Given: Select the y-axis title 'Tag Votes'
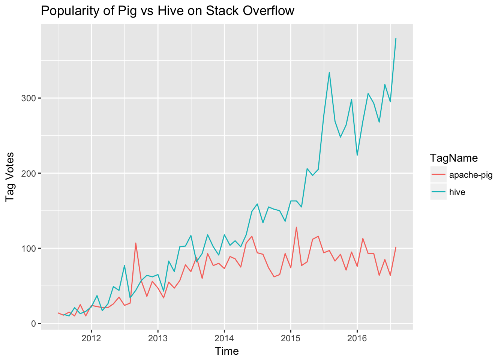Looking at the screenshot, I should tap(10, 177).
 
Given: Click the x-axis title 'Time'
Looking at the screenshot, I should tap(226, 351).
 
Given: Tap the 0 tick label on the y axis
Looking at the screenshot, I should tap(33, 324).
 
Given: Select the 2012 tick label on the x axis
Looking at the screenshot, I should tap(91, 337).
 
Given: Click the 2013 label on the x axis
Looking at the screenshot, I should tap(157, 337).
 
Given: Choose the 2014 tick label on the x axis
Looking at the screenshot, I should tap(224, 337).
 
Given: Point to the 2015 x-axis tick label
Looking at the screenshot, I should tap(290, 337).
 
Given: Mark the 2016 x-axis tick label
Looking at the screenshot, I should tap(357, 337).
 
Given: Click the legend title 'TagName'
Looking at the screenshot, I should tap(454, 158).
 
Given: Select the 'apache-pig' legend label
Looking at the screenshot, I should tap(471, 175).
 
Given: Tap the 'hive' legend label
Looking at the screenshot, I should tap(457, 192).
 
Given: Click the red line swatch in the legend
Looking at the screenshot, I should tap(438, 175).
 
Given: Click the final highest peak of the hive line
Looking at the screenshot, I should tap(396, 38).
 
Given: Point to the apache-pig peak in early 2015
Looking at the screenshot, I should tap(296, 227).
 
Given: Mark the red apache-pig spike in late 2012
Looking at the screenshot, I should tap(135, 243).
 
